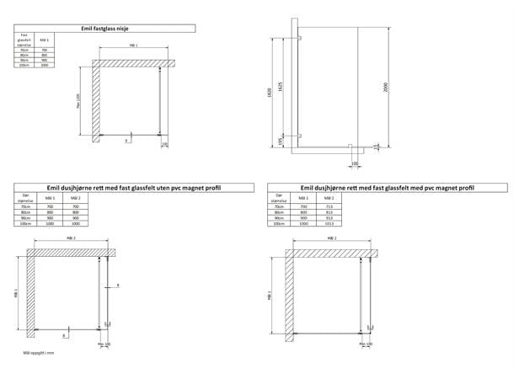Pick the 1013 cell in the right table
pyautogui.click(x=329, y=223)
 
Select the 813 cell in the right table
pyautogui.click(x=329, y=211)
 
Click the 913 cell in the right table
pyautogui.click(x=329, y=217)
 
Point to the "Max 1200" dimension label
pyautogui.click(x=78, y=101)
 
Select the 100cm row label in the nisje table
pyautogui.click(x=24, y=65)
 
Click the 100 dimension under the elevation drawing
pyautogui.click(x=354, y=163)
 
